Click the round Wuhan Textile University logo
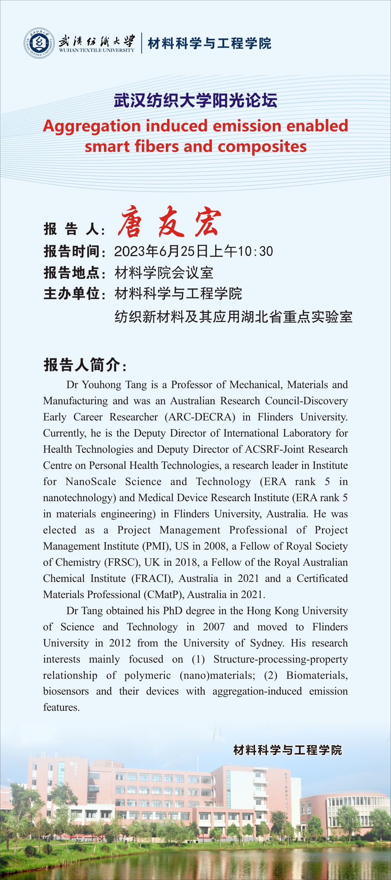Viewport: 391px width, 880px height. pyautogui.click(x=39, y=43)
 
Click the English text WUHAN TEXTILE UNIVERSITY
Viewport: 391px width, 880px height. pyautogui.click(x=96, y=50)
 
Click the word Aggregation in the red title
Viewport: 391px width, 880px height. pyautogui.click(x=92, y=126)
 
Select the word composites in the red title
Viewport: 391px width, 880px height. pyautogui.click(x=262, y=147)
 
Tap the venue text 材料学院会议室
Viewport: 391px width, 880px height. pyautogui.click(x=164, y=273)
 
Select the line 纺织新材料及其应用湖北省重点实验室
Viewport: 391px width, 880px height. pyautogui.click(x=233, y=317)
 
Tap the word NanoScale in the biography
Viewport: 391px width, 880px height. pyautogui.click(x=91, y=482)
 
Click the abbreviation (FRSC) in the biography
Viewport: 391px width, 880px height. pyautogui.click(x=122, y=562)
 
